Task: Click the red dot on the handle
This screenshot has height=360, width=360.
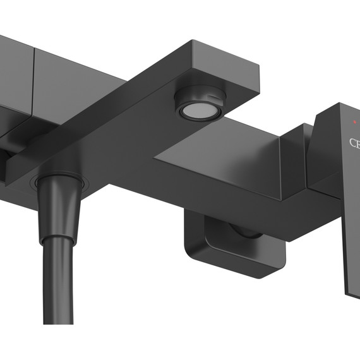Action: pyautogui.click(x=355, y=121)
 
